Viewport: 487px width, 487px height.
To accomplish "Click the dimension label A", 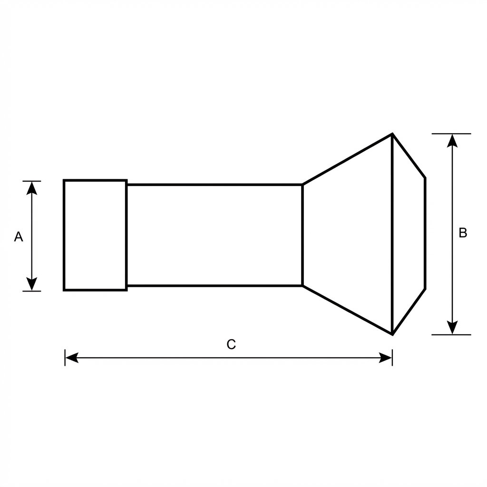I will (19, 236).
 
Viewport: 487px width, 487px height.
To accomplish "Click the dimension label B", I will (462, 233).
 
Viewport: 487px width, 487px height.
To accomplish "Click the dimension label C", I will (231, 344).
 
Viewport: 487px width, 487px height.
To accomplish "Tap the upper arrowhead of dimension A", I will (32, 188).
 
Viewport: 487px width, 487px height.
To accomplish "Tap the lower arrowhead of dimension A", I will (32, 284).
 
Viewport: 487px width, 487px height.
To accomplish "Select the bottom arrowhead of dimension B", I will (452, 328).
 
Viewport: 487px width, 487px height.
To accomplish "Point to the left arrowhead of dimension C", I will (71, 358).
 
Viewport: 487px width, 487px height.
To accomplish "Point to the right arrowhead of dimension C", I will (386, 358).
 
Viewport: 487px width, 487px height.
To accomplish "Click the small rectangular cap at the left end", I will (95, 235).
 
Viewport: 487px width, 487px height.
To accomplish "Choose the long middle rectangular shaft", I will (214, 235).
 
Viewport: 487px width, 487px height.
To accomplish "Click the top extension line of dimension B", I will (451, 134).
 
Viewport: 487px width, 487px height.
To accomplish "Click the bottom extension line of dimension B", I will (451, 335).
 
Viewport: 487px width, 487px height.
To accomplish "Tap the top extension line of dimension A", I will (32, 181).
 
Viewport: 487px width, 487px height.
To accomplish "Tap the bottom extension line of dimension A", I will (32, 291).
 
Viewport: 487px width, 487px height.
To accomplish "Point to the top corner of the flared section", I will (392, 134).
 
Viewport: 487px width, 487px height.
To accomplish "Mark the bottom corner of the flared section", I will (392, 334).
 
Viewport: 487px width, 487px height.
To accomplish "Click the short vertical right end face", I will (425, 233).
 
